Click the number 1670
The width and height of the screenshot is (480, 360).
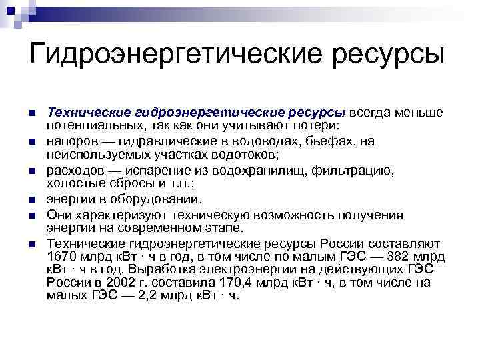61,257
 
